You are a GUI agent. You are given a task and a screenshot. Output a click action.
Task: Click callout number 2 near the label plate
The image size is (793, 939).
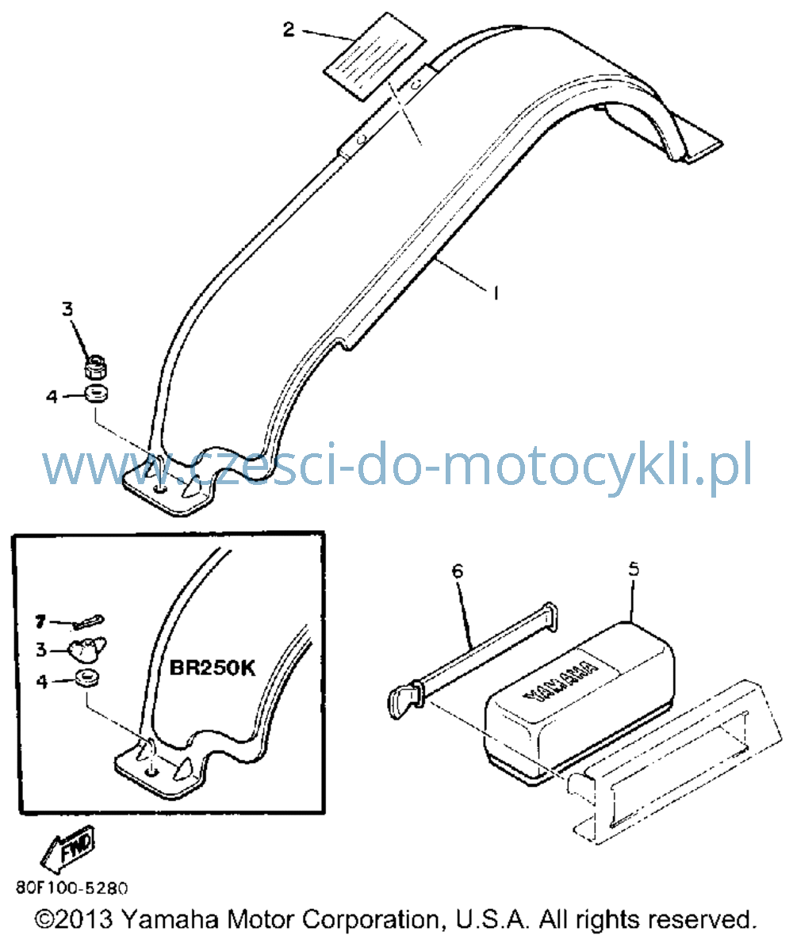coord(289,29)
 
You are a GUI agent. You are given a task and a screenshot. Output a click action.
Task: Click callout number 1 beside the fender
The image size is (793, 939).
coord(496,293)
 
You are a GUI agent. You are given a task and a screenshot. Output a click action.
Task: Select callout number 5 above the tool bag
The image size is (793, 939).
coord(634,569)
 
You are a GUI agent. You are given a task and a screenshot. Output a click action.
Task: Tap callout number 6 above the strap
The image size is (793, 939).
coord(458,571)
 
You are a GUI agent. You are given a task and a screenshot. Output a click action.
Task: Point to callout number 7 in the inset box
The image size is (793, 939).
coord(40,622)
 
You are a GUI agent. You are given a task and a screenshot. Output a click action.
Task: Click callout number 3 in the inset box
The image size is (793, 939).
coord(40,649)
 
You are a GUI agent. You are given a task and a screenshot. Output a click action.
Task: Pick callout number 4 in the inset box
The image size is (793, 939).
coord(41,681)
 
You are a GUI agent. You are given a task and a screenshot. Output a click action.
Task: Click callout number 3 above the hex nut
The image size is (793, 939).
coord(67,309)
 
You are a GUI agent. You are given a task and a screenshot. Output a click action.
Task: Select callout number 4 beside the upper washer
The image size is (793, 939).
coord(52,396)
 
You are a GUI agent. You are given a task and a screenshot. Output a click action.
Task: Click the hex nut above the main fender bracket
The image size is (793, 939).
coord(95,367)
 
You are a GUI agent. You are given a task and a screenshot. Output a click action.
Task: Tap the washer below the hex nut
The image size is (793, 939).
coord(96,395)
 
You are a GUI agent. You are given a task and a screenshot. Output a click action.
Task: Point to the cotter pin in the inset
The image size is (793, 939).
coord(88,621)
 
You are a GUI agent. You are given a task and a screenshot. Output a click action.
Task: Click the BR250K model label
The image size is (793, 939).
coord(213,667)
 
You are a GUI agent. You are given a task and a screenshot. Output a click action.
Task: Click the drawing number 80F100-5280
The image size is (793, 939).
coord(72,887)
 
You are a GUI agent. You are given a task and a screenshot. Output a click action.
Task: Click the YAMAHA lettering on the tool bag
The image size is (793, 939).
coord(561,681)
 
